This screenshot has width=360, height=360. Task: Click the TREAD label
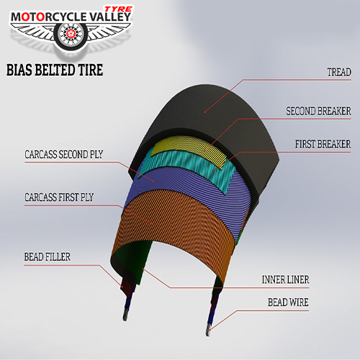click(x=339, y=72)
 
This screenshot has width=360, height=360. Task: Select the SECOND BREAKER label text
click(x=318, y=111)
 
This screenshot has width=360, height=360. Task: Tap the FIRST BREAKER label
click(x=323, y=144)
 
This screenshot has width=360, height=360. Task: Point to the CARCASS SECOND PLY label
click(x=64, y=154)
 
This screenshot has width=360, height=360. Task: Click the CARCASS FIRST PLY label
click(x=59, y=197)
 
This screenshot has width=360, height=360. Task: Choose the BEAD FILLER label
click(x=48, y=257)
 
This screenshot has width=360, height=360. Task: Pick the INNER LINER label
click(x=285, y=279)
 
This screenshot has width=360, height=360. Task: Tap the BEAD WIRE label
click(x=288, y=302)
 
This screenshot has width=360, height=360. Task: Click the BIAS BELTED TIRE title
click(x=55, y=70)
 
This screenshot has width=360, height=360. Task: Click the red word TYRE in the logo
click(x=119, y=9)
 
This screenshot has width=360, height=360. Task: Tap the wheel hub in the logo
click(x=71, y=34)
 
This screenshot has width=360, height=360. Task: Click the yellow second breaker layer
click(x=189, y=147)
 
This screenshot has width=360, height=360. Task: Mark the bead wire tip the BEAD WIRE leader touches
click(x=208, y=330)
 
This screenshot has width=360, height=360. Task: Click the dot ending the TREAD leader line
click(x=204, y=112)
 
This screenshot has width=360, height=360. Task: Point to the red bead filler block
click(x=125, y=287)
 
